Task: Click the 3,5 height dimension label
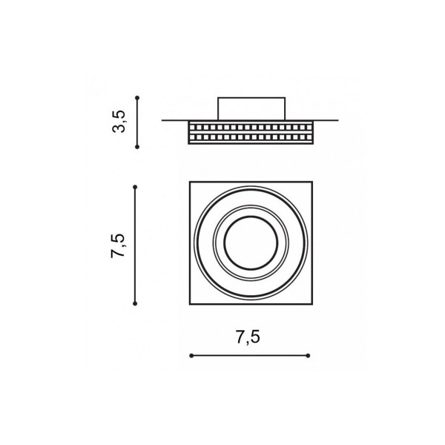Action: (119, 122)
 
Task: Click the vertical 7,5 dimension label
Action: (118, 245)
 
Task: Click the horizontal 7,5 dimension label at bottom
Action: (248, 337)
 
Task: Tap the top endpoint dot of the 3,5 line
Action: (137, 98)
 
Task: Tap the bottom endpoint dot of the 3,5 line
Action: (137, 147)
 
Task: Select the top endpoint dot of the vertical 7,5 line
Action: (135, 187)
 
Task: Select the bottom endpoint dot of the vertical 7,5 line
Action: (135, 303)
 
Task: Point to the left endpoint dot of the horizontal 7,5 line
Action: (191, 355)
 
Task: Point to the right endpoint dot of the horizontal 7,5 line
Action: (309, 355)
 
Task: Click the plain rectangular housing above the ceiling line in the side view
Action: (251, 109)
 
